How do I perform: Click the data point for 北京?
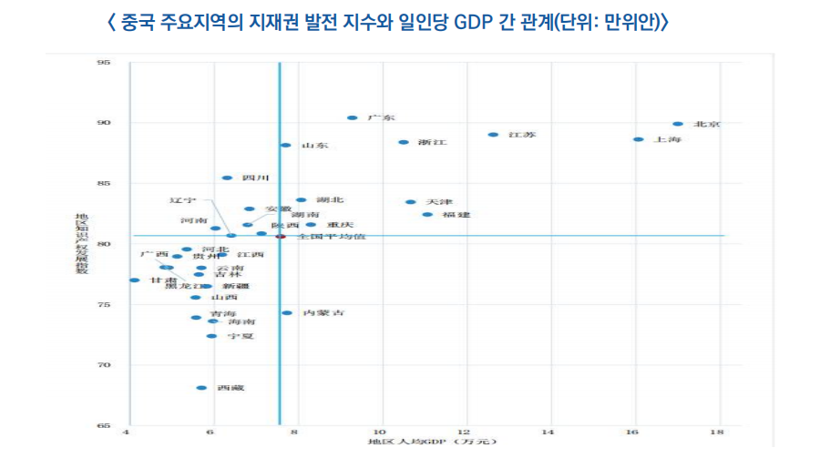[x=678, y=124]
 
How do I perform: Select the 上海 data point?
[x=638, y=139]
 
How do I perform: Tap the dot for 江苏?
[x=493, y=135]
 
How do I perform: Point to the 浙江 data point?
[x=404, y=142]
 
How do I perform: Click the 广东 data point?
[x=352, y=118]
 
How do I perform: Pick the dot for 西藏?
[x=201, y=388]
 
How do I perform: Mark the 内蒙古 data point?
[x=287, y=313]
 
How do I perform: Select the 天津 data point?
[x=410, y=202]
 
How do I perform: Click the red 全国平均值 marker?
[x=281, y=237]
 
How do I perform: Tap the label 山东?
[x=314, y=146]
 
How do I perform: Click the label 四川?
[x=255, y=178]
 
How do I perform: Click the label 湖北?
[x=330, y=199]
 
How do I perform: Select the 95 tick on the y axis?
[x=103, y=63]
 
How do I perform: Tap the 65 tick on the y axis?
[x=103, y=426]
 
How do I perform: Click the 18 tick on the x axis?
[x=719, y=433]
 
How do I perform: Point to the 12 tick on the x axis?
[x=464, y=433]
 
